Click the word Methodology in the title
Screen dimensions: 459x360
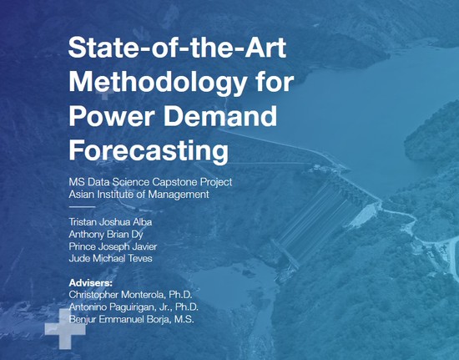pos(158,83)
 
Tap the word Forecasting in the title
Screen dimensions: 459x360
pos(149,150)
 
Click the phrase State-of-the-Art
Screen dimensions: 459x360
pos(177,47)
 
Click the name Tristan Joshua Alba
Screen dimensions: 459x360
pos(110,221)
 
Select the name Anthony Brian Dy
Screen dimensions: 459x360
pos(106,235)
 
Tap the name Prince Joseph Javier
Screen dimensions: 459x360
pos(113,246)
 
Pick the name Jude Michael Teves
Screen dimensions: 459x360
pos(110,258)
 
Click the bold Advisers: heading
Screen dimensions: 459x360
pos(90,283)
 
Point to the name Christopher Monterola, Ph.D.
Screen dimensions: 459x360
pos(130,295)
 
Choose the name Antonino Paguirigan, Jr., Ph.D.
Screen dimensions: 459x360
pos(134,307)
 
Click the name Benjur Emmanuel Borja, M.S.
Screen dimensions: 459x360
pos(131,319)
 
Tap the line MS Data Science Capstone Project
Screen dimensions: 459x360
pos(150,182)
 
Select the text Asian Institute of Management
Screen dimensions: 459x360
pos(139,195)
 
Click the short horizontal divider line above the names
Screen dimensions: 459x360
pos(82,207)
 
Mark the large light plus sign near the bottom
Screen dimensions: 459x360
pos(65,328)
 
